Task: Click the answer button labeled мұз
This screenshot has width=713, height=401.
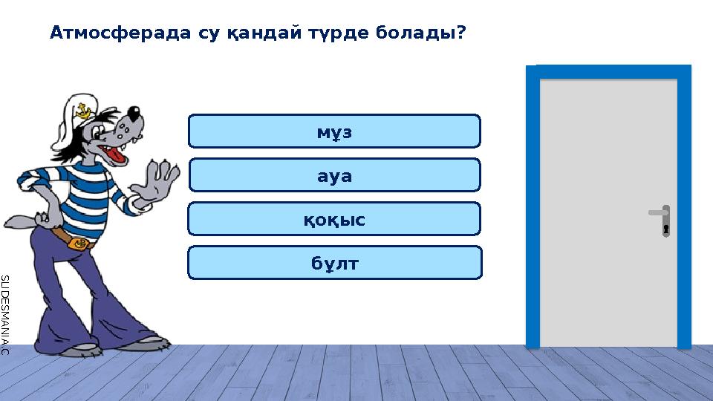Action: (334, 131)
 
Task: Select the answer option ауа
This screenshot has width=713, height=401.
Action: (334, 175)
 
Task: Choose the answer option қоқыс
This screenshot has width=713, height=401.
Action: (334, 219)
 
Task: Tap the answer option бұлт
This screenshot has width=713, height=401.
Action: (334, 263)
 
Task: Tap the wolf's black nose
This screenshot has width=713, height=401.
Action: (134, 114)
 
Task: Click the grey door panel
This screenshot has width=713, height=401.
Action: (608, 208)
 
